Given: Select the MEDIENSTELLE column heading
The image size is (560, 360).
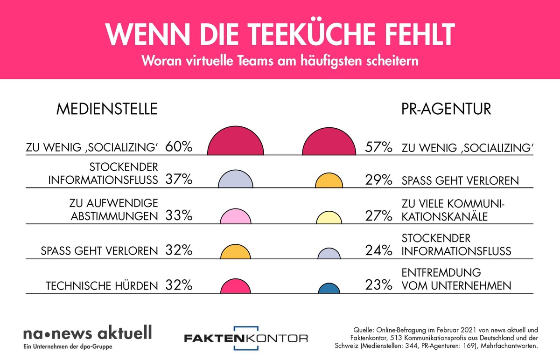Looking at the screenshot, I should coord(107,109).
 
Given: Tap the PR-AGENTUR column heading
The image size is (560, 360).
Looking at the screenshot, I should coord(446,109).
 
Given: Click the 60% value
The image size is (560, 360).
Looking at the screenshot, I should coord(179,147).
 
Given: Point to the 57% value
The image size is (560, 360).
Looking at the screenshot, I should coord(378,148).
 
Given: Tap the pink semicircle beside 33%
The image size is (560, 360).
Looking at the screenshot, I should coord(236,217).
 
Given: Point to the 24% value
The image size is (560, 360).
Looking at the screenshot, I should coord(378,251).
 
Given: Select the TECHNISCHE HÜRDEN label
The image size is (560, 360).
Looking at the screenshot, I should coord(102,285).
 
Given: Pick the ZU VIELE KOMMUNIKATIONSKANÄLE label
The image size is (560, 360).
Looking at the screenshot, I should coord(454,210).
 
